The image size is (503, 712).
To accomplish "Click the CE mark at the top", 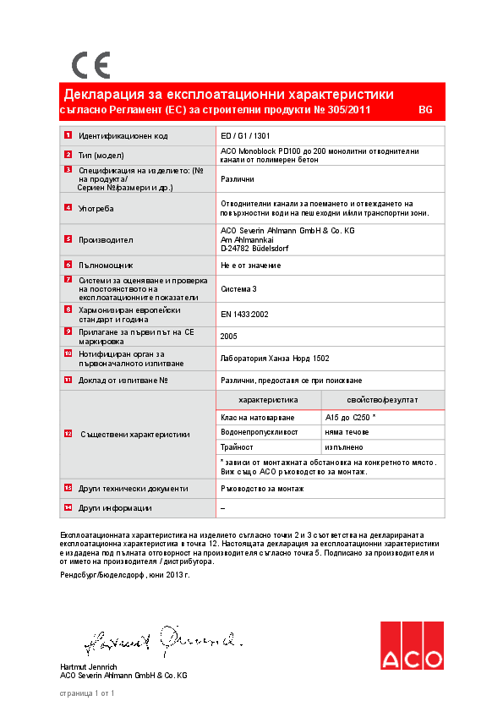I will [x=90, y=65].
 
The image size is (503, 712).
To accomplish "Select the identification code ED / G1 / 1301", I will [x=245, y=136].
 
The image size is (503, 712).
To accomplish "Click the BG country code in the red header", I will [x=425, y=111].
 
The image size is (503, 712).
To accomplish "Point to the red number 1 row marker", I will [x=68, y=136].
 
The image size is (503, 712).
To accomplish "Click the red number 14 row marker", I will [x=68, y=507].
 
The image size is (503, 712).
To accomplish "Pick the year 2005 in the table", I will [x=228, y=336].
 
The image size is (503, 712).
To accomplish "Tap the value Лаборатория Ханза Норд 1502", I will [x=274, y=359].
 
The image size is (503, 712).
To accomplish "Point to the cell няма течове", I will [x=347, y=432].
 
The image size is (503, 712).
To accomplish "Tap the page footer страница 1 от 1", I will [x=86, y=693].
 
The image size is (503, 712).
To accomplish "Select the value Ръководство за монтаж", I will [x=262, y=488].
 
